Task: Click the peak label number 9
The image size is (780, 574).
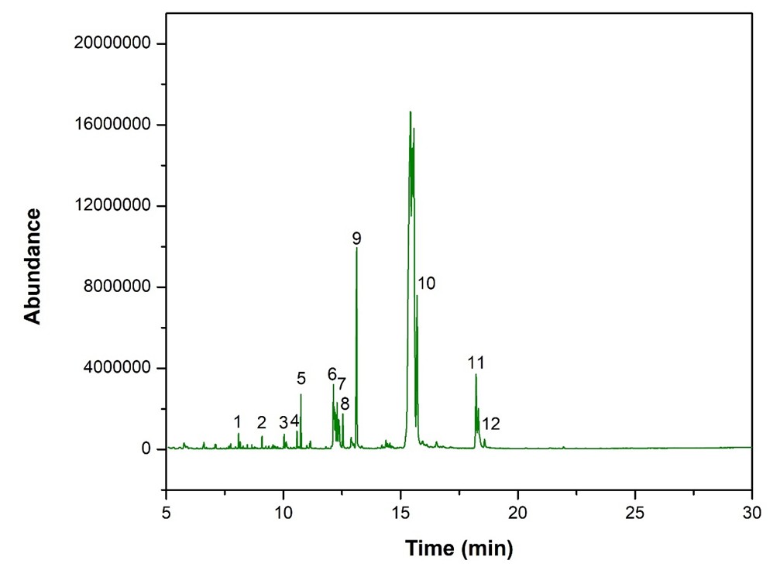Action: (356, 238)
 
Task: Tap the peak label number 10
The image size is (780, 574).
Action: (427, 284)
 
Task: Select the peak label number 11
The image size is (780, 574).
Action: (476, 363)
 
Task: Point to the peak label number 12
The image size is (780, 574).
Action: (491, 424)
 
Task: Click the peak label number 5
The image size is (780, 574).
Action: (301, 378)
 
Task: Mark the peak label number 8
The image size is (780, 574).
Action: (345, 404)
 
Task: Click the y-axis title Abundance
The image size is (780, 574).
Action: (32, 266)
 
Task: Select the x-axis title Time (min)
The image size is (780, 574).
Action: (459, 549)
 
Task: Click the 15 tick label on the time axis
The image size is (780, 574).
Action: (400, 512)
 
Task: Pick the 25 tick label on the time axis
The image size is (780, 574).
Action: (635, 512)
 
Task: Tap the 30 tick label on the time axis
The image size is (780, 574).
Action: (752, 512)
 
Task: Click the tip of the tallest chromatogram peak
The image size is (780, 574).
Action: (410, 112)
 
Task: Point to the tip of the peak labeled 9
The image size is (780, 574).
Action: (356, 249)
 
